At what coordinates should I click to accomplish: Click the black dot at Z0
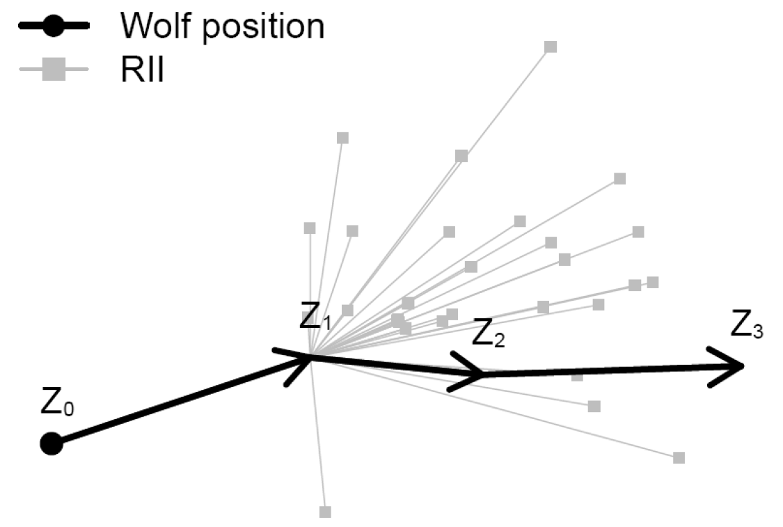51,443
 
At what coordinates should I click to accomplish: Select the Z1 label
315,319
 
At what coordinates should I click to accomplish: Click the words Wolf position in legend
222,27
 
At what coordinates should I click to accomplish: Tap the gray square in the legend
54,70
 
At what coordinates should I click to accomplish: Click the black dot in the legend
54,26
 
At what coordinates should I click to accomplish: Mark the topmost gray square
551,47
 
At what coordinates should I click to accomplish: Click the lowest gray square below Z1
325,512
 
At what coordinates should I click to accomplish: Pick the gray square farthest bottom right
679,457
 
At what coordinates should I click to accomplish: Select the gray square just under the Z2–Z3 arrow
577,377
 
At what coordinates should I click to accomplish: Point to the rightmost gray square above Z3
652,282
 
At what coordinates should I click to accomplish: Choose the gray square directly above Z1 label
310,228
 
